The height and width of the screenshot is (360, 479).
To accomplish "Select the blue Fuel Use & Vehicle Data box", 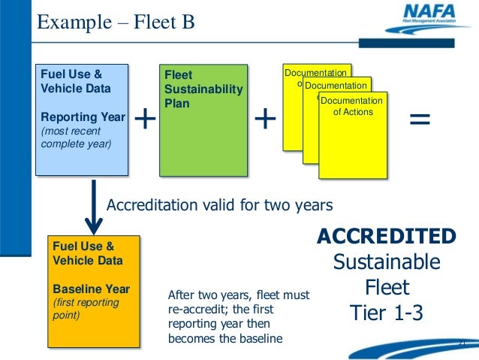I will [x=83, y=120].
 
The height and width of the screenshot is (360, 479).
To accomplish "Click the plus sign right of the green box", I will [x=265, y=119].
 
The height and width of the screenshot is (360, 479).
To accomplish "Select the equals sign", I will [x=420, y=119].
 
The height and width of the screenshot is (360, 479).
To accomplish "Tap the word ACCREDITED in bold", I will [x=386, y=237].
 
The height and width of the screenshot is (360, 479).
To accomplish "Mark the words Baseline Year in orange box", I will [x=91, y=289].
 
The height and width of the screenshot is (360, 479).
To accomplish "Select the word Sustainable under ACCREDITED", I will [x=386, y=262].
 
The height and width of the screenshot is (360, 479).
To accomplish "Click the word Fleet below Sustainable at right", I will [x=386, y=288].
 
